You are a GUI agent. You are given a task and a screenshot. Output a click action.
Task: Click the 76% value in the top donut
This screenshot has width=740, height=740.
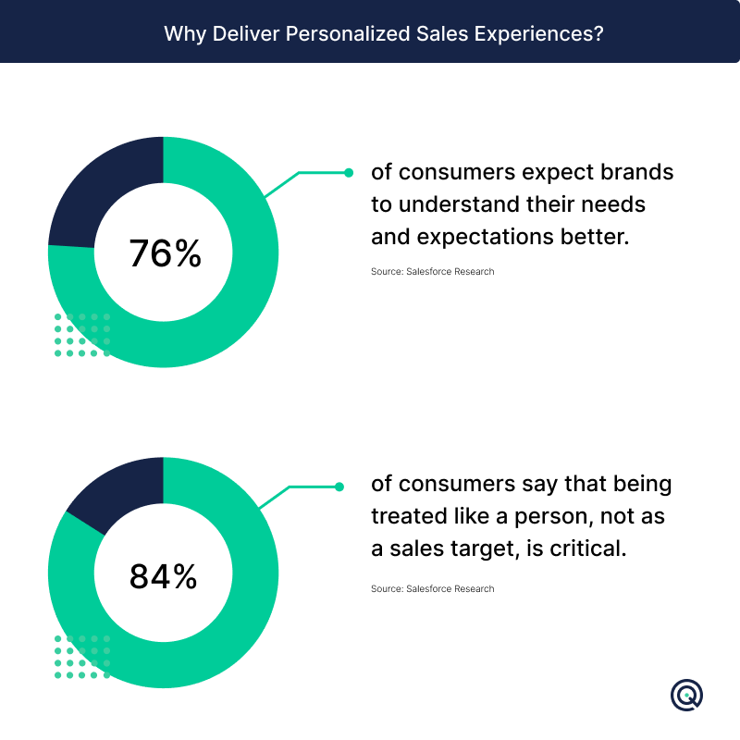point(166,253)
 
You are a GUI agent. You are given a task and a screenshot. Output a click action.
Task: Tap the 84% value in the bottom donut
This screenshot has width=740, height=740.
point(164,576)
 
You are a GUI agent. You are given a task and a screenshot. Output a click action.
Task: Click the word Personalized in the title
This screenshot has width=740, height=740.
point(348,34)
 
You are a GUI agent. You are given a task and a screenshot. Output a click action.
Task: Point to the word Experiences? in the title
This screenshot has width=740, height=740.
point(539,34)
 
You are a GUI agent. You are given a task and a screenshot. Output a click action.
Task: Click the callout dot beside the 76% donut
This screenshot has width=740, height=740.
point(349,173)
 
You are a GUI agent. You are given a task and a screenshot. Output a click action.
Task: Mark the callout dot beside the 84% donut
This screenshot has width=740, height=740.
point(339,487)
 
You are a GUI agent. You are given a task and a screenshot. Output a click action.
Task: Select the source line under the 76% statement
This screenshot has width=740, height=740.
point(432,271)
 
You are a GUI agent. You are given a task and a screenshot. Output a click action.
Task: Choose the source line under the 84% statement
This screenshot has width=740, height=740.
point(432,588)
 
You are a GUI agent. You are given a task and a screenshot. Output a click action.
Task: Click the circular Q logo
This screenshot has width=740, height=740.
point(686,695)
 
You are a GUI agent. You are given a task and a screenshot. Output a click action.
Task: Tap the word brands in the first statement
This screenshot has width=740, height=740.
point(636,172)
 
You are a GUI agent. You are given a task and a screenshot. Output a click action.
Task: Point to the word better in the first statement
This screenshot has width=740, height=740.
point(595,237)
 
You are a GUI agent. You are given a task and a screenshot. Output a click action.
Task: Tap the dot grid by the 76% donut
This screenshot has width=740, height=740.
point(82,335)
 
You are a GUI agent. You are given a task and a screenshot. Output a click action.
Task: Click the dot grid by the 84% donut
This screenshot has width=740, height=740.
point(82,657)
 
